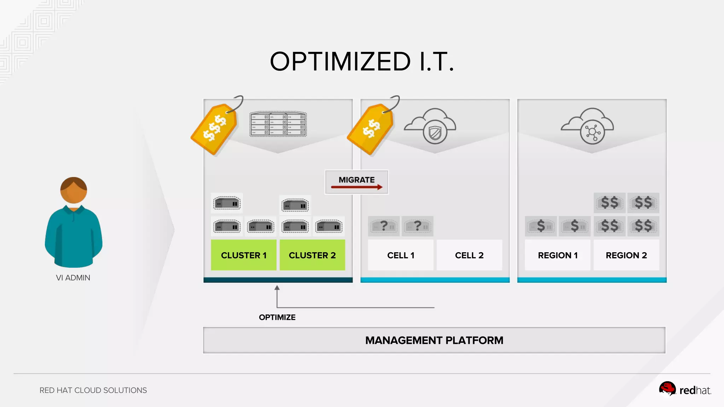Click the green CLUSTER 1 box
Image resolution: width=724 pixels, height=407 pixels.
(x=244, y=255)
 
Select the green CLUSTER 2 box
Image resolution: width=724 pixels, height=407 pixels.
(x=312, y=255)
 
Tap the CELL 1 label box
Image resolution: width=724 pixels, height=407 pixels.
(x=401, y=255)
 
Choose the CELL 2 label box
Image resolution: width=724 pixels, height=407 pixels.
(x=469, y=255)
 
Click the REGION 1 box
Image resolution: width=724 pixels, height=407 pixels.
(x=557, y=255)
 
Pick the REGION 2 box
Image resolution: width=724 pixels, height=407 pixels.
(x=626, y=255)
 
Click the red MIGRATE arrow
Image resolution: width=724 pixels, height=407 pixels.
(x=356, y=187)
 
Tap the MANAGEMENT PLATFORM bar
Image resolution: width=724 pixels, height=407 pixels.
(x=434, y=340)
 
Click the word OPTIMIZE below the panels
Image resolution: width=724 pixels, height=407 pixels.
(x=277, y=317)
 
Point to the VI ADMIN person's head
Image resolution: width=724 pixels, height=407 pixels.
(x=74, y=190)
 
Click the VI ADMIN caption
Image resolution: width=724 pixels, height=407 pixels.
(x=73, y=278)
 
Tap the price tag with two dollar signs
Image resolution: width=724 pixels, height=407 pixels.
(x=371, y=129)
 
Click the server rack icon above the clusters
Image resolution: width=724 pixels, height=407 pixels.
(x=278, y=124)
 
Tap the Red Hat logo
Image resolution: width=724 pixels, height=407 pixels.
(x=685, y=390)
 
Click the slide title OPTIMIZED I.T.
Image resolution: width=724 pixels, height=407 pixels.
(x=362, y=61)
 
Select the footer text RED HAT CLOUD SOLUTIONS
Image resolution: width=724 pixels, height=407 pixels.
(x=93, y=390)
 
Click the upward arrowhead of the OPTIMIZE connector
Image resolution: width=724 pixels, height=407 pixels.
(x=277, y=288)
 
